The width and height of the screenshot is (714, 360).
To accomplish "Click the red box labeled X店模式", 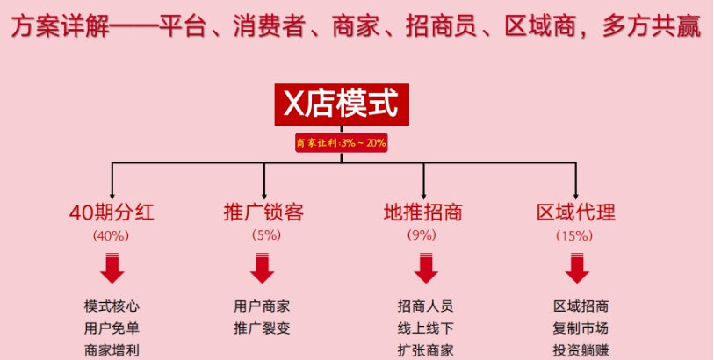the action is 342,104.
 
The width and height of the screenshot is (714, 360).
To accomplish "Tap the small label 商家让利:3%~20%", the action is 342,143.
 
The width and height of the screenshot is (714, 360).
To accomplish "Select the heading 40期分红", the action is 112,212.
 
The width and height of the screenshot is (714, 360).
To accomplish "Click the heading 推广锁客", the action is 263,212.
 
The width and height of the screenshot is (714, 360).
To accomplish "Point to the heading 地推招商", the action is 423,212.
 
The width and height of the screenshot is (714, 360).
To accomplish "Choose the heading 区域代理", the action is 576,212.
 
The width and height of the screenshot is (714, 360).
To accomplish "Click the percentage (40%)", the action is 112,235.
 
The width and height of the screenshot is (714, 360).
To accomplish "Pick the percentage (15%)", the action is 574,235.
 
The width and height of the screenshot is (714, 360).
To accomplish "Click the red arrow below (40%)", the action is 112,268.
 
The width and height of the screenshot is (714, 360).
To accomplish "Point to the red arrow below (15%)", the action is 577,268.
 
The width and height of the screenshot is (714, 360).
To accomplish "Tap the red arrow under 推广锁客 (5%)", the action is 263,268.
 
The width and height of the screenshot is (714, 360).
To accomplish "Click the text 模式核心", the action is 112,306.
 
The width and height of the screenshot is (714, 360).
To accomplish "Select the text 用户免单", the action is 112,328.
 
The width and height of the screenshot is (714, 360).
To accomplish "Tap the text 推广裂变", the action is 262,328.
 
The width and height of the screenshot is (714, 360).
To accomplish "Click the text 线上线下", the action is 425,328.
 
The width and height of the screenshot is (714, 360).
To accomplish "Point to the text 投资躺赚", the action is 581,350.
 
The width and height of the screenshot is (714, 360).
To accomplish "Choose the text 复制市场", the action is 581,328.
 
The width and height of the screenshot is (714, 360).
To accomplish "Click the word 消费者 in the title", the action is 268,27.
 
